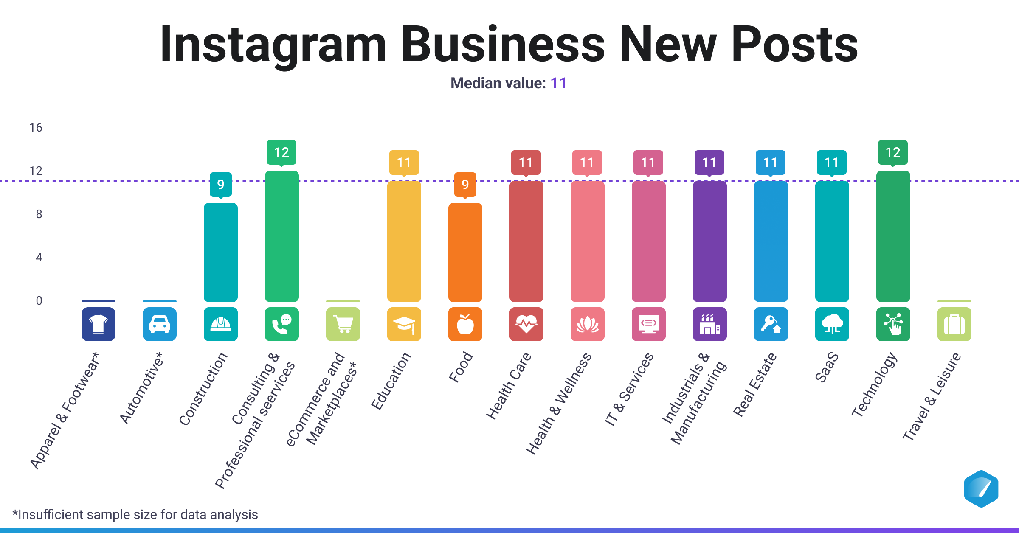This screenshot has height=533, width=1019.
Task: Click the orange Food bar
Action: [465, 252]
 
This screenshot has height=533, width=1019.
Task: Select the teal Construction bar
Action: [220, 252]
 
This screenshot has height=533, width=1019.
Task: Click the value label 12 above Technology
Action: [892, 152]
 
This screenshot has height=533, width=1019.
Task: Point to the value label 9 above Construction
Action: [220, 184]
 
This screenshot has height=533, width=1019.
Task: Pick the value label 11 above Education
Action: [404, 163]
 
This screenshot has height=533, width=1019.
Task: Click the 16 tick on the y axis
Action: [36, 128]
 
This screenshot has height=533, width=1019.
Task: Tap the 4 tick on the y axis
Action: [39, 258]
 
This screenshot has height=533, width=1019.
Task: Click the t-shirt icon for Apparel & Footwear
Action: [98, 324]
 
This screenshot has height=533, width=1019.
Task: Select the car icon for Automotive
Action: [159, 324]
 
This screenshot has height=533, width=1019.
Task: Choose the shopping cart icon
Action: [343, 324]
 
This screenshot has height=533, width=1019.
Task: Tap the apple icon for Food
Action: [465, 324]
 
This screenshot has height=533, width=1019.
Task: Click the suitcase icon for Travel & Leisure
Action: [954, 324]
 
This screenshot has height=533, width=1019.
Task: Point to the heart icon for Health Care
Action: [526, 324]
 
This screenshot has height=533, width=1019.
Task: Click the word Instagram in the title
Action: [273, 45]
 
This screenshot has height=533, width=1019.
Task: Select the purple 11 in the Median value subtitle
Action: [558, 83]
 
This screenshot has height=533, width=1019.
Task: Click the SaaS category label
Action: [827, 367]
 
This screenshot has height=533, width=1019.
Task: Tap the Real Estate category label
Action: [754, 384]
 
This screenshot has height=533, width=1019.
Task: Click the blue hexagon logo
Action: [981, 489]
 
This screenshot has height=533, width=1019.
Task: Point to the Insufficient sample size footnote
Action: [135, 514]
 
